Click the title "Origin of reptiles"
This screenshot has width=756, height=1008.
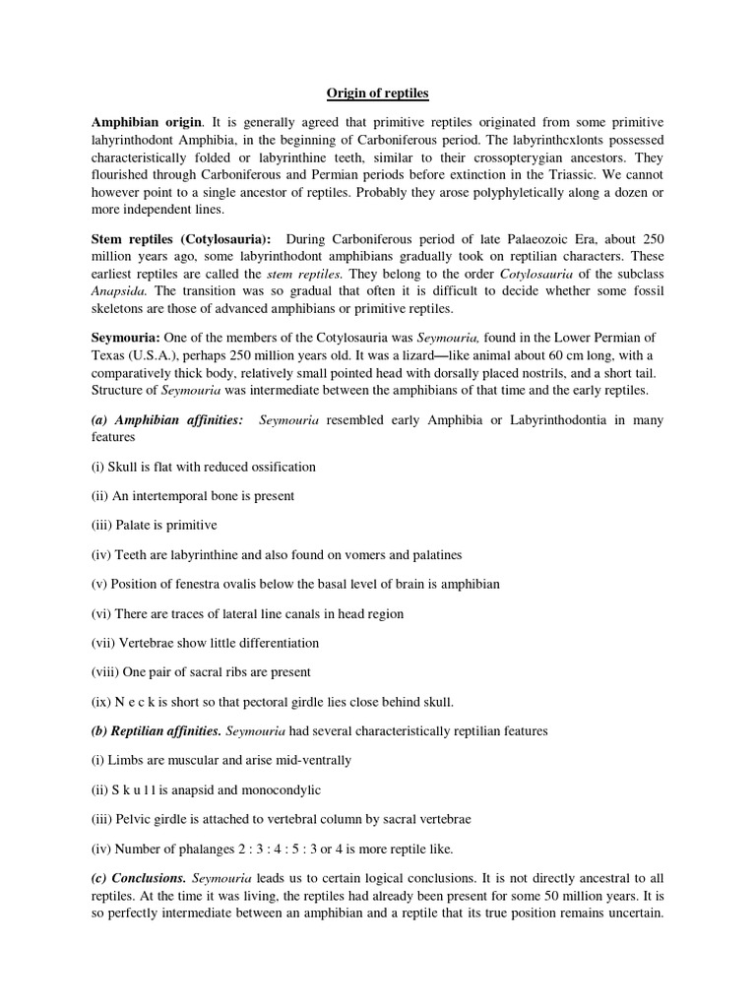377,94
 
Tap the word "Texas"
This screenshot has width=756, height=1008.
110,355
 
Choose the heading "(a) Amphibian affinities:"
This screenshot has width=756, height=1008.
167,420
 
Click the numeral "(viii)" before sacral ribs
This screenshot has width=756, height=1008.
104,672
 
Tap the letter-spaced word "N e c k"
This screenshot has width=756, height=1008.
132,702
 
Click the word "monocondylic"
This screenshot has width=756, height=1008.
279,790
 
